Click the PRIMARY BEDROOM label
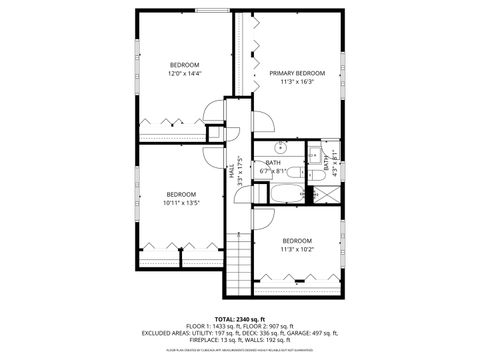pos(297,73)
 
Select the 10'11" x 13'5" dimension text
pos(181,202)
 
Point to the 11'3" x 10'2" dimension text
pos(297,249)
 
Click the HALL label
pos(231,173)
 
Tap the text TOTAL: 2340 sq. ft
pos(239,318)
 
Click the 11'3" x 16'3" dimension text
pos(297,82)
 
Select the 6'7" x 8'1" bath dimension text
pos(273,171)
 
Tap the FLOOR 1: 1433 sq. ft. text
pos(211,326)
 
